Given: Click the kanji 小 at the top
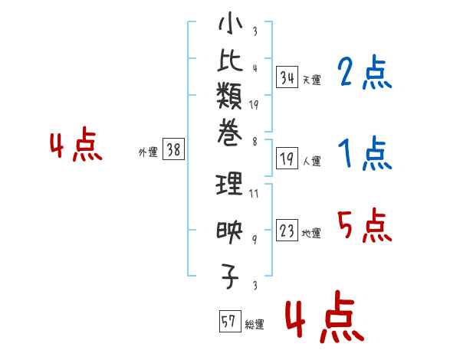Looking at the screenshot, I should (230, 26).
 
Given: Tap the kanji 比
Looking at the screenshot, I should (230, 64).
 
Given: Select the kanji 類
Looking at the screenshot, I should (230, 98).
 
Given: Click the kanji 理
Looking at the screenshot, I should (230, 184).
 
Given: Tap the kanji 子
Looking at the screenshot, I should (230, 277).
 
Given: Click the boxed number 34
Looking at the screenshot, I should (287, 77).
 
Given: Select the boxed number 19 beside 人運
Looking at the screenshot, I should (287, 159).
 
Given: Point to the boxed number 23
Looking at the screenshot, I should (287, 231).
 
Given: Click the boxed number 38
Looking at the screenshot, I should (174, 150).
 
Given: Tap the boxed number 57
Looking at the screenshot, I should (228, 322).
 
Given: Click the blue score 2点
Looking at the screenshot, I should (364, 74).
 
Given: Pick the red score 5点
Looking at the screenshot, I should (364, 227).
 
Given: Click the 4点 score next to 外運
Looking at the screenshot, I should (75, 146).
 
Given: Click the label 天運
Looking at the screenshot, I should (311, 80).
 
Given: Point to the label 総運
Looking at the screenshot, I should (255, 325).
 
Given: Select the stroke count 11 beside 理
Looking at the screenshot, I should (254, 193).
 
